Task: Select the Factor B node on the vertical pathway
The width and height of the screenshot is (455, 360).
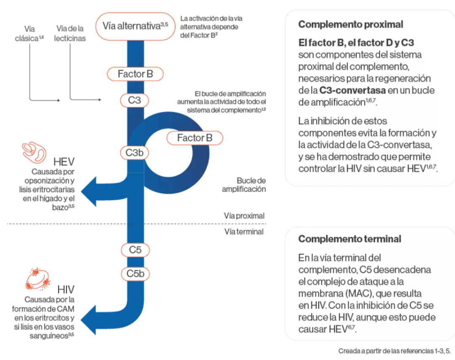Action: coord(135,74)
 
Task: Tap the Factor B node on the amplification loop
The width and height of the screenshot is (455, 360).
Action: coord(194,138)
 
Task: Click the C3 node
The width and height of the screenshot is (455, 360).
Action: coord(134,100)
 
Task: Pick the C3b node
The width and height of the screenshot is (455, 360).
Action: coord(134,153)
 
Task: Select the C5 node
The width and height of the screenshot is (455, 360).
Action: coord(135,250)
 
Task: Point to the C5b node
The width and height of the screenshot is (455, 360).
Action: coord(135,274)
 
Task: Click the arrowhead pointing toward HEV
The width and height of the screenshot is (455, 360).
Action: coord(89,193)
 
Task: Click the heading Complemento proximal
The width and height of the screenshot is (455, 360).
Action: coord(351,24)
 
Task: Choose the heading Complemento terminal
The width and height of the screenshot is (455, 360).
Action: coord(350,239)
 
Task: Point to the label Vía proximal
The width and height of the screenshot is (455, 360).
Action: coord(244,216)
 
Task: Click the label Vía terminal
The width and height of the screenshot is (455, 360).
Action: coord(244,231)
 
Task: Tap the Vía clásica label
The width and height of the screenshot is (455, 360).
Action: coord(30,34)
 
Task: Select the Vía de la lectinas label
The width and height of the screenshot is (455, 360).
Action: coord(70,34)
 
